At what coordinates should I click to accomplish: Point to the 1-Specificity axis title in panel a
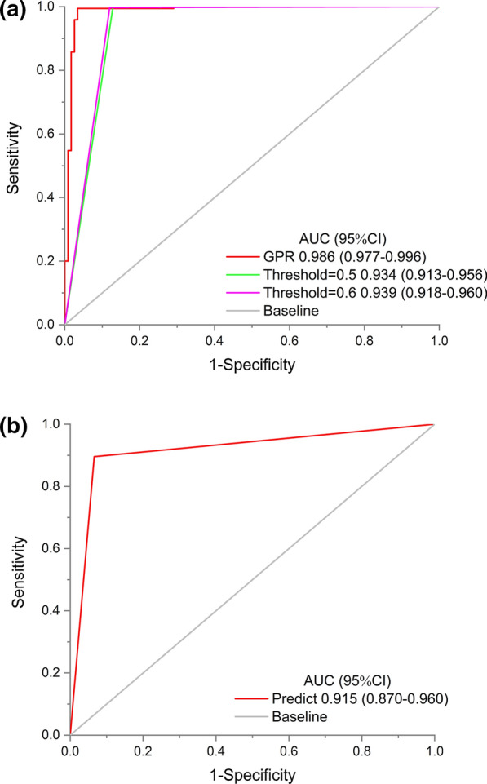pyautogui.click(x=250, y=366)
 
